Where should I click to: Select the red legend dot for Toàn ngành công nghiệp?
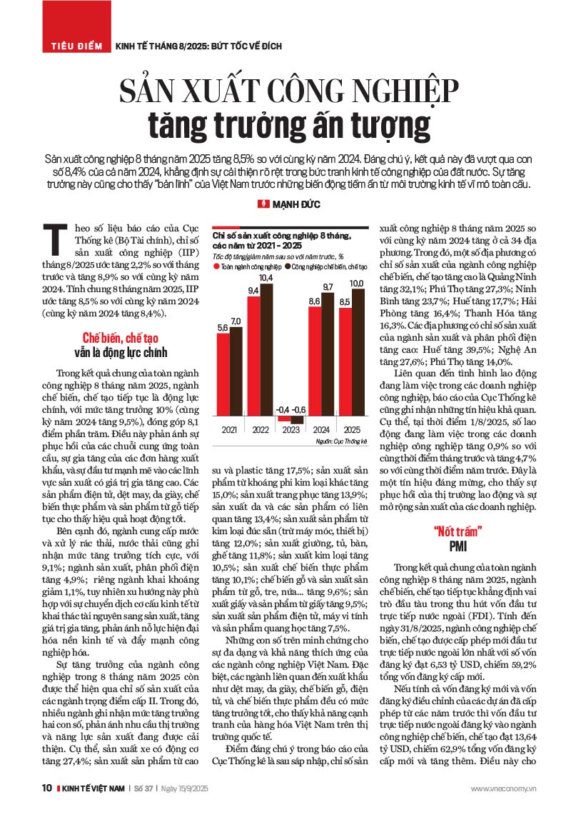coord(216,266)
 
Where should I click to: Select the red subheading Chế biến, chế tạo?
coord(121,338)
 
